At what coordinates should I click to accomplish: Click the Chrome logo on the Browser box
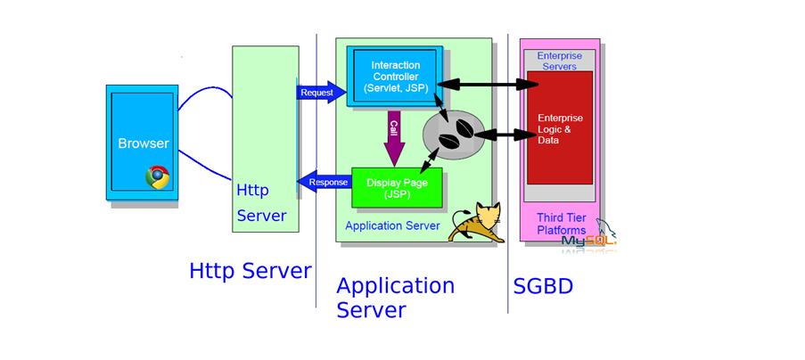click(x=158, y=177)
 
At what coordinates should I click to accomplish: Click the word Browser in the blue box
click(x=143, y=143)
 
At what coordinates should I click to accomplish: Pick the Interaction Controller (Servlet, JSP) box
click(x=395, y=77)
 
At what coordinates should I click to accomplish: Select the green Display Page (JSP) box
click(x=397, y=187)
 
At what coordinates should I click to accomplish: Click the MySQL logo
click(x=588, y=239)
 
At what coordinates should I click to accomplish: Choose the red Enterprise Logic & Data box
click(x=560, y=129)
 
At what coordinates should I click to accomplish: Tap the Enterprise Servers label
click(x=558, y=61)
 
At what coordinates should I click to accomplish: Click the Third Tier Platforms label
click(x=561, y=225)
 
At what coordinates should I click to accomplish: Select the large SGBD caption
click(x=543, y=287)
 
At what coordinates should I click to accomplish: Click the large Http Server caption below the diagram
click(x=251, y=271)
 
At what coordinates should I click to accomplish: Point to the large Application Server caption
click(x=395, y=298)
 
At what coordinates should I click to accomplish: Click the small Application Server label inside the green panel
click(x=392, y=226)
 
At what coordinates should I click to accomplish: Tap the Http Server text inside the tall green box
click(x=261, y=203)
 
